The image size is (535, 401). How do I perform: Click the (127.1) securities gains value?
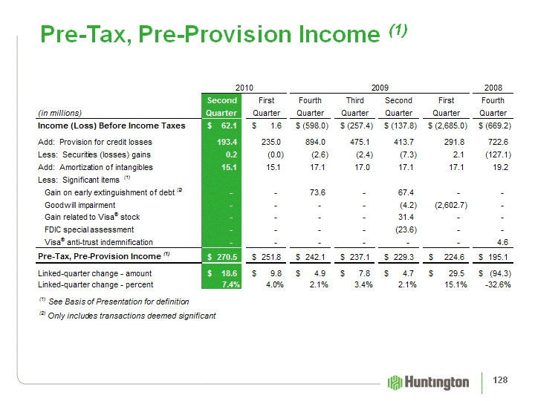pos(494,154)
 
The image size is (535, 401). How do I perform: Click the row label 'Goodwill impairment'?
pos(80,205)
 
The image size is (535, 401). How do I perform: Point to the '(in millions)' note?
pos(59,113)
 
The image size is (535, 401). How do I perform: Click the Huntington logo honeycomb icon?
pos(396,382)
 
